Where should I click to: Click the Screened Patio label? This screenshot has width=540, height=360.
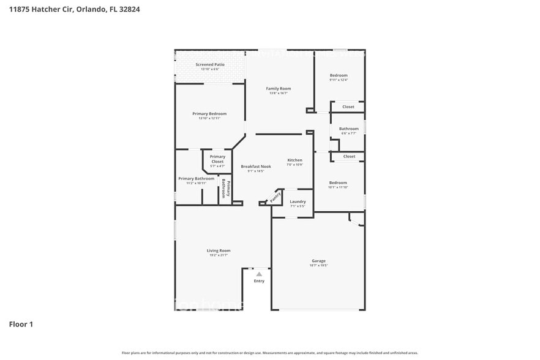[x=209, y=64]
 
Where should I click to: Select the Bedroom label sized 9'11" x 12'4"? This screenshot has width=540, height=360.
[x=338, y=75]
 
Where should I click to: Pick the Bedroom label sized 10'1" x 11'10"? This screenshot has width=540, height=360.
[x=338, y=182]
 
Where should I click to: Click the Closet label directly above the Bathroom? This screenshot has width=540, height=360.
[x=348, y=107]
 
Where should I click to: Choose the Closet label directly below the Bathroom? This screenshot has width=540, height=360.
[x=348, y=156]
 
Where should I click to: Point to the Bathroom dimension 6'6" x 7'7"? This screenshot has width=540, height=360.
[x=348, y=133]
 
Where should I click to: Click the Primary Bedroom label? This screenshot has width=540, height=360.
[x=209, y=114]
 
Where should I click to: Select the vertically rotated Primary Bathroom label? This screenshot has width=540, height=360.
[x=226, y=189]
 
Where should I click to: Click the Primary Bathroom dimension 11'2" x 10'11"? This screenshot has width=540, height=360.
[x=196, y=183]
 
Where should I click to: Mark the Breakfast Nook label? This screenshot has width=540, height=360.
[x=255, y=167]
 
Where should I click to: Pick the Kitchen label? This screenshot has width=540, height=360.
[x=295, y=160]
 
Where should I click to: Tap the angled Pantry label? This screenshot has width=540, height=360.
[x=276, y=197]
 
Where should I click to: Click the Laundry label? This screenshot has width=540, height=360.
[x=298, y=201]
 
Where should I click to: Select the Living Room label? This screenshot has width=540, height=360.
[x=218, y=250]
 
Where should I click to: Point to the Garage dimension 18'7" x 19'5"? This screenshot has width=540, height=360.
[x=318, y=266]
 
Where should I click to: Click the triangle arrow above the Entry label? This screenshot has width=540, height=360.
[x=259, y=274]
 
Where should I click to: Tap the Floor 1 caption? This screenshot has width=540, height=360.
[x=21, y=324]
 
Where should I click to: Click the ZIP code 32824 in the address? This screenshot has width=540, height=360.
[x=129, y=10]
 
